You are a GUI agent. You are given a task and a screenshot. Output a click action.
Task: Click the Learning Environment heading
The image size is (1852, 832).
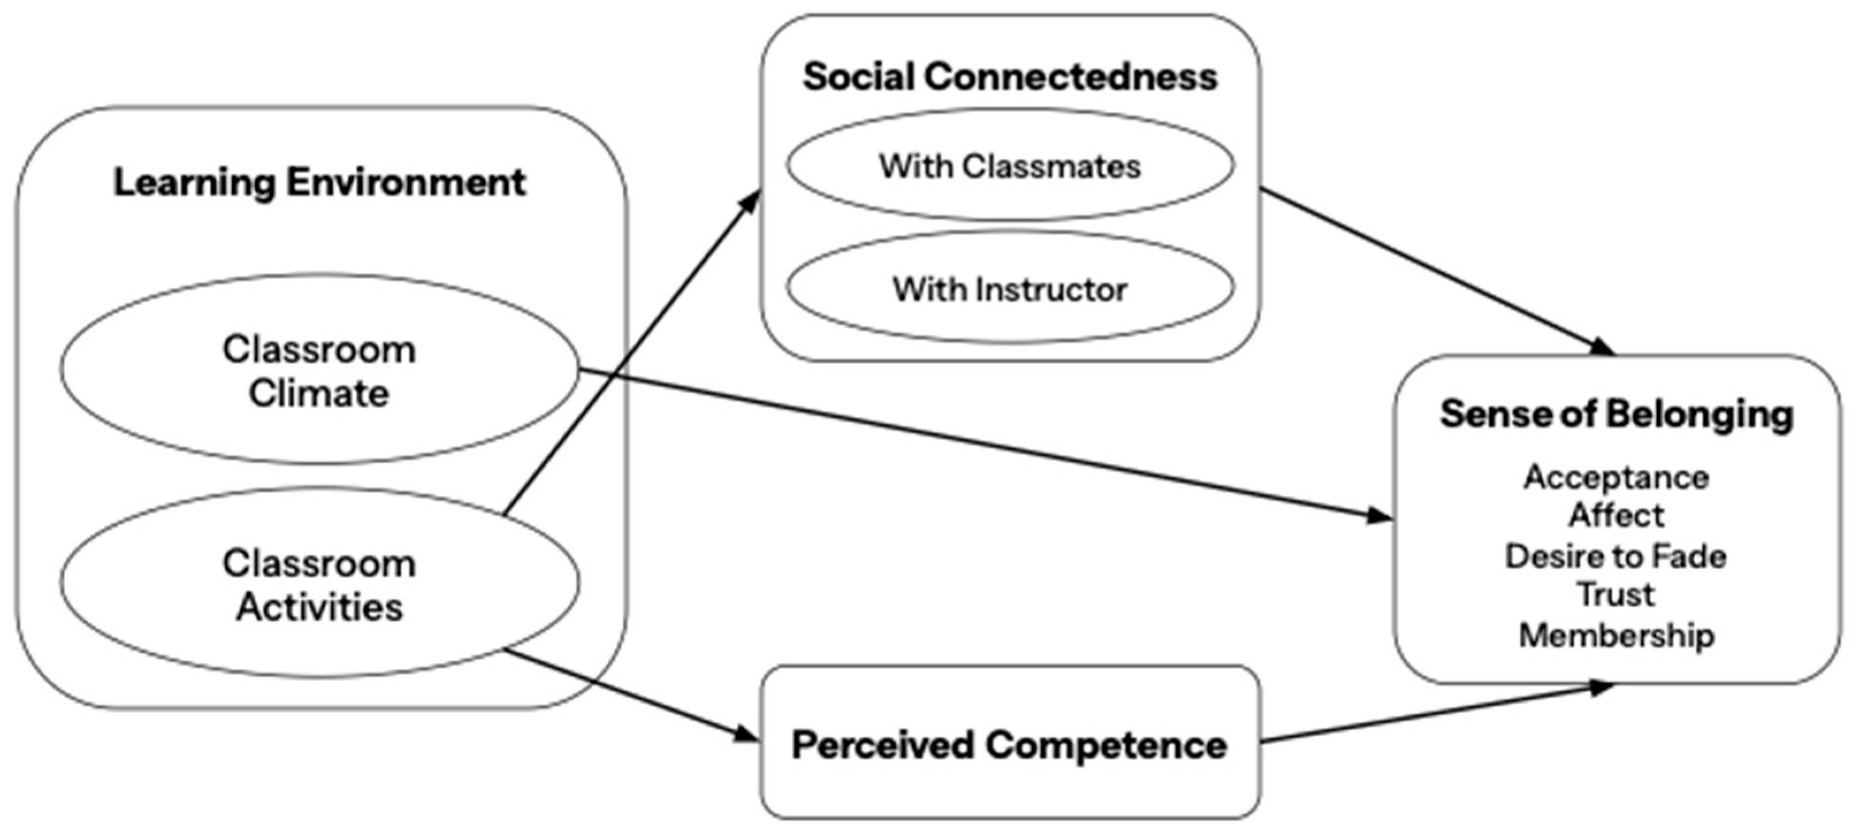pyautogui.click(x=320, y=182)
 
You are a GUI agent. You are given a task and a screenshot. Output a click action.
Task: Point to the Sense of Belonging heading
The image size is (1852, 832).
pyautogui.click(x=1617, y=414)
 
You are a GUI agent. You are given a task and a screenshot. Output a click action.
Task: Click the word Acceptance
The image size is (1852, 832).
pyautogui.click(x=1616, y=477)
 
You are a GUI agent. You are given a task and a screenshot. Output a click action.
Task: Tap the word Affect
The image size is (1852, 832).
pyautogui.click(x=1616, y=515)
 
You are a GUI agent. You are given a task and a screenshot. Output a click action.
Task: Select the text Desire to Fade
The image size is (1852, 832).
pyautogui.click(x=1616, y=556)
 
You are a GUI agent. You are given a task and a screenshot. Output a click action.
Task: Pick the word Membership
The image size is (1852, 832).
pyautogui.click(x=1616, y=635)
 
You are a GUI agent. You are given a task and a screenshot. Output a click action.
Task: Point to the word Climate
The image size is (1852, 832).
pyautogui.click(x=319, y=394)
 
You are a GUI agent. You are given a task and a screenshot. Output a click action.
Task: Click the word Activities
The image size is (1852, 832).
pyautogui.click(x=319, y=607)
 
